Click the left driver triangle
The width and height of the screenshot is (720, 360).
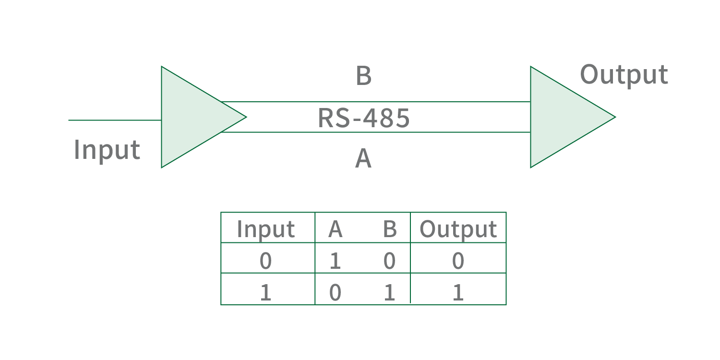(192, 117)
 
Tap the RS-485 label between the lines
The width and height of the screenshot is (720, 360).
(364, 118)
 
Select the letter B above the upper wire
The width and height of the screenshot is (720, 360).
(363, 76)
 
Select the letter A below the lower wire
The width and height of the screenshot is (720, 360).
(363, 159)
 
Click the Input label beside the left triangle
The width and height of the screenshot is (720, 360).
(107, 150)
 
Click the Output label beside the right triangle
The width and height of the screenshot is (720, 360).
(624, 75)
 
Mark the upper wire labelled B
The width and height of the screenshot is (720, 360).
(374, 102)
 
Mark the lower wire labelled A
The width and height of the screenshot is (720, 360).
(374, 132)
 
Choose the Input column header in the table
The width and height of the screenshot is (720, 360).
(265, 229)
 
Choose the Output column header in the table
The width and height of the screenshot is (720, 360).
(458, 229)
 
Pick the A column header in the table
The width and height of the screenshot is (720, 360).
(335, 229)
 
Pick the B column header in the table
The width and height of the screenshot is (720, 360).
(390, 229)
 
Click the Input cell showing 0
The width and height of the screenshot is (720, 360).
(265, 261)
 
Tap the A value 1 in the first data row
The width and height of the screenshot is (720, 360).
(335, 261)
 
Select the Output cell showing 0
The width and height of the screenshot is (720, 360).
(458, 261)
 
